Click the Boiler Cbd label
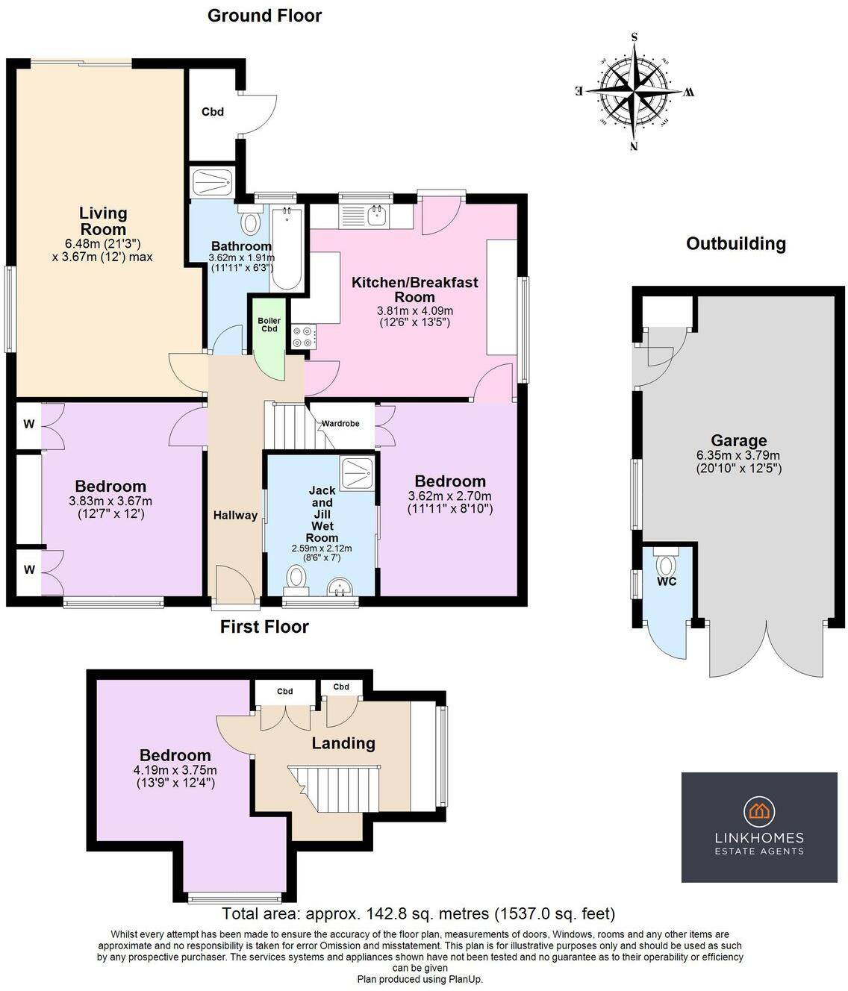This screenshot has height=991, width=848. [x=269, y=325]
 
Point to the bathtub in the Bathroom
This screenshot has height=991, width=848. [x=287, y=248]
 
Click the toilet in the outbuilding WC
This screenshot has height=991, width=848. [x=666, y=563]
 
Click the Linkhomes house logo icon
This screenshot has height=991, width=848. [x=759, y=811]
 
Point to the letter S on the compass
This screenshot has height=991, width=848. [x=634, y=37]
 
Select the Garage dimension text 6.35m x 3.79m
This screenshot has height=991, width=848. [x=738, y=455]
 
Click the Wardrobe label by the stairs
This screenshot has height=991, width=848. [x=340, y=424]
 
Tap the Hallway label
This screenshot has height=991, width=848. [x=235, y=516]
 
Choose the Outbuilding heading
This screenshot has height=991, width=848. [x=736, y=243]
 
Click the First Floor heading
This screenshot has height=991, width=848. [x=264, y=627]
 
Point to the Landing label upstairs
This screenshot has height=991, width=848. [x=343, y=743]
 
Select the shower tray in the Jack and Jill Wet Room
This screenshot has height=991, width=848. [x=356, y=472]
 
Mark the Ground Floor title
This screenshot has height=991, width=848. [x=264, y=16]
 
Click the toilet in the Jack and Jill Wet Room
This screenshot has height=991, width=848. [x=296, y=577]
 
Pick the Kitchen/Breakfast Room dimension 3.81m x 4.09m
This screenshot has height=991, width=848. [x=414, y=310]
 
